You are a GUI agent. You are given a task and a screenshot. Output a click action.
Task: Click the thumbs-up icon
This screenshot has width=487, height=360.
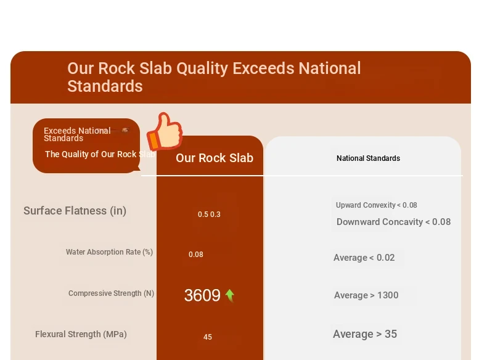pos(165,131)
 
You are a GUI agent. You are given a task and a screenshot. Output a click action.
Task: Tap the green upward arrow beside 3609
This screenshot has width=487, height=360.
pos(230,295)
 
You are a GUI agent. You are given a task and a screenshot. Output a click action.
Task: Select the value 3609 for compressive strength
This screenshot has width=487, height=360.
pos(202,295)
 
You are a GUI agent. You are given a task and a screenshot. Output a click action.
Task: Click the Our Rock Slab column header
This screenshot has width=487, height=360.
pos(215,158)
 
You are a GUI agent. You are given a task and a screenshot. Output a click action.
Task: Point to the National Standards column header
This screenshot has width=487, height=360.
pos(369,158)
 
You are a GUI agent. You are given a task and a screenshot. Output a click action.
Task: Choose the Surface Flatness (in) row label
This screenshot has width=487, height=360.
pos(75,211)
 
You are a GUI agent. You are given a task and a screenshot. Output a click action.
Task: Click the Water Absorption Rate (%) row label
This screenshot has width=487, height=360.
pos(109,252)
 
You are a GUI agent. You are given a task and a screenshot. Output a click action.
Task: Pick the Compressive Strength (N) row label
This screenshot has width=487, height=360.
pos(111,293)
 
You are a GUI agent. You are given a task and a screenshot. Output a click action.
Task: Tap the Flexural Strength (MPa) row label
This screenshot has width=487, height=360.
pos(81,334)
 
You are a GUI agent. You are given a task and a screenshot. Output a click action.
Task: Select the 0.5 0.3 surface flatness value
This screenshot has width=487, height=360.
pos(209,215)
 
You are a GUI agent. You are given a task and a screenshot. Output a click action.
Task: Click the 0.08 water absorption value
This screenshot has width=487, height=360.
pos(196,255)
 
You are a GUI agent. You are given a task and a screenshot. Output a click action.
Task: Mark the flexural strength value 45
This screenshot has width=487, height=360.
pos(208,337)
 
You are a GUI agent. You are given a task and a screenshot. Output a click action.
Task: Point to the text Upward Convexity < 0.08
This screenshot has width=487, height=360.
pos(377,205)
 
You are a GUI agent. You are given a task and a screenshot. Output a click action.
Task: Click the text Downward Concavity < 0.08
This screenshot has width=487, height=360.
pos(393,222)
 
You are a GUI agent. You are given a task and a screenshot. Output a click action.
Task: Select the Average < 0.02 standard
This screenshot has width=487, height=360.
pos(364,258)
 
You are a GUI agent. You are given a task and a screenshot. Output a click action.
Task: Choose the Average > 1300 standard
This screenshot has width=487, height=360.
pos(366,295)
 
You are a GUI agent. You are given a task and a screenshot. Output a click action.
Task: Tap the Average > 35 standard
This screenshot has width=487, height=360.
pos(365,334)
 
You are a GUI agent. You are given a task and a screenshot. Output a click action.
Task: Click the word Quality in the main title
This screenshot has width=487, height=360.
pos(202,68)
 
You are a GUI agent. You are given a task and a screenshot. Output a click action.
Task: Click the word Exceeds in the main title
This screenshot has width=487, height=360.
pos(263,68)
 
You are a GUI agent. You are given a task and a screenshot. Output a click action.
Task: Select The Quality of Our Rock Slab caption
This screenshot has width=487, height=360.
pos(100,154)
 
